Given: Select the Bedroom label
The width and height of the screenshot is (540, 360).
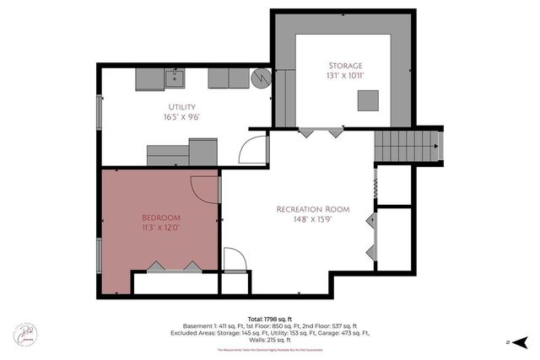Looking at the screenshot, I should (x=160, y=216).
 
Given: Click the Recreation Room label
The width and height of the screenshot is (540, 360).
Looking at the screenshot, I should (x=312, y=209).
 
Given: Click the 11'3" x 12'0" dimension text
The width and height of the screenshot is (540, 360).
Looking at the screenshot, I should (x=160, y=227).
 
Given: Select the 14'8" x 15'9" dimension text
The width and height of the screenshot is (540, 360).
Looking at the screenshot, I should (x=312, y=220).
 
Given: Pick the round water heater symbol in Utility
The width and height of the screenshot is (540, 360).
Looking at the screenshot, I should (x=262, y=78).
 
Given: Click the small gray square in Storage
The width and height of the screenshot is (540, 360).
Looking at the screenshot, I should (x=367, y=100).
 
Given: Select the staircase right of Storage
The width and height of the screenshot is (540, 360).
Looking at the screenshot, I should (x=407, y=146).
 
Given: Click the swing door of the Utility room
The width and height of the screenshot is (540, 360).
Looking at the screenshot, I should (x=252, y=149).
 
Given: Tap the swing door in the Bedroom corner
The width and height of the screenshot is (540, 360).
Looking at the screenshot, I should (x=205, y=188).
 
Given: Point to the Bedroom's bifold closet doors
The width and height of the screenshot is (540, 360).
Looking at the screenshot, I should (x=175, y=266).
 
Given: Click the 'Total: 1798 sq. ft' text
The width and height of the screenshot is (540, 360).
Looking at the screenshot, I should (x=270, y=318).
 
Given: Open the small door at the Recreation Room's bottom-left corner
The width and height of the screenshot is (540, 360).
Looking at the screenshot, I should (x=235, y=261).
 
